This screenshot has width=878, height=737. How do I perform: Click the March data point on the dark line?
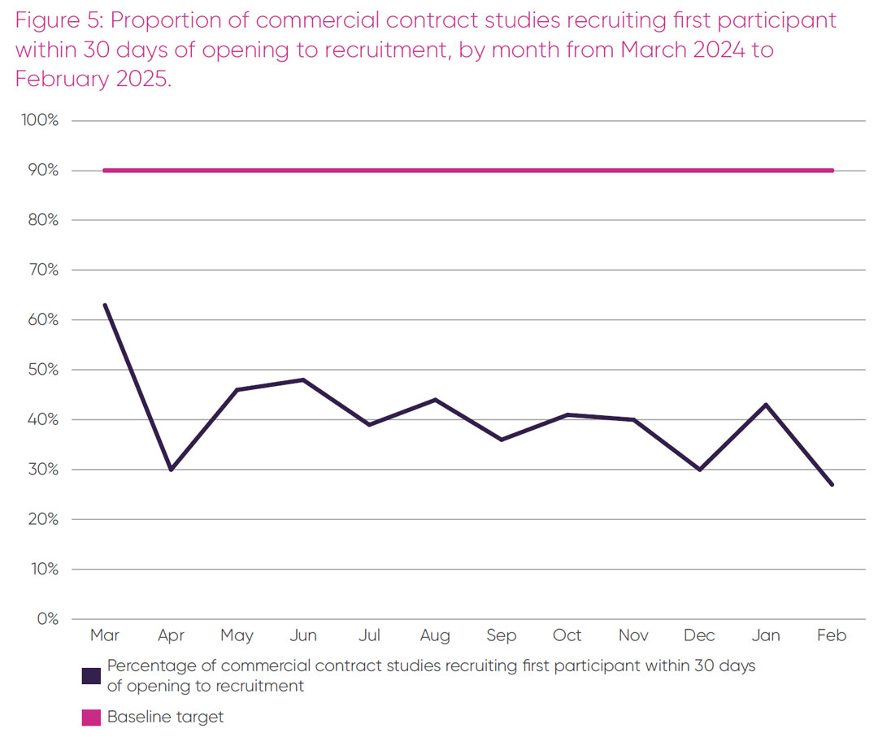click(x=105, y=305)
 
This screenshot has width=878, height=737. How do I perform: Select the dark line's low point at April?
click(x=172, y=470)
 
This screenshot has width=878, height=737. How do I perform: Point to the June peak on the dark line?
click(x=303, y=379)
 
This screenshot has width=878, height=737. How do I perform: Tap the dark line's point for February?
click(x=832, y=484)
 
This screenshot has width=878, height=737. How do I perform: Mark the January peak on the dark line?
click(x=766, y=405)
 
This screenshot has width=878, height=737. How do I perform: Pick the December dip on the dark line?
click(x=700, y=470)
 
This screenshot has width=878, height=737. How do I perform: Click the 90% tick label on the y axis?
click(x=41, y=171)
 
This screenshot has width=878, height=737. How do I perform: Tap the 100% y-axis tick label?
click(x=39, y=120)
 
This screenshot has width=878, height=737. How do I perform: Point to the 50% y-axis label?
click(x=41, y=370)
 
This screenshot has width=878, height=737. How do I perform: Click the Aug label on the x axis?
click(x=435, y=635)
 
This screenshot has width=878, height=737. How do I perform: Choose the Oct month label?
click(x=567, y=635)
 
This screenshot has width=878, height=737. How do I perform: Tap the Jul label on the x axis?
click(x=369, y=635)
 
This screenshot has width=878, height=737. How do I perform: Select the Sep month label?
click(x=502, y=635)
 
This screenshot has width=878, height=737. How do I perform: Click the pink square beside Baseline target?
click(x=92, y=717)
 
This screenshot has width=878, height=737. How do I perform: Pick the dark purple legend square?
click(x=92, y=675)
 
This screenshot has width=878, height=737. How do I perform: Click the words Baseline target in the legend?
click(x=165, y=717)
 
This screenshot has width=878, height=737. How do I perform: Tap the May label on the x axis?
click(x=237, y=635)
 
